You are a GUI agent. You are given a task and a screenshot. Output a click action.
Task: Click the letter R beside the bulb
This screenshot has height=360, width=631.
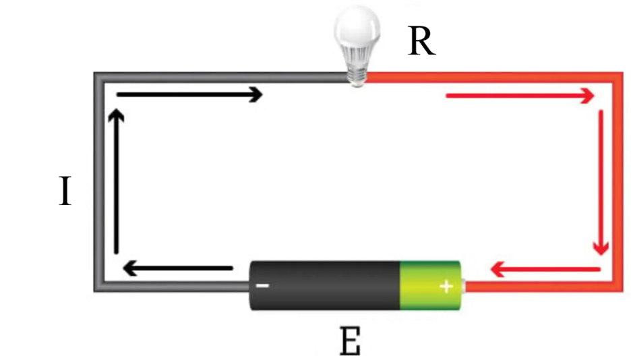[x=422, y=42]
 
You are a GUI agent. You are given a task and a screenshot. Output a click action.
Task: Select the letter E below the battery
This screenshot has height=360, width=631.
[x=350, y=342]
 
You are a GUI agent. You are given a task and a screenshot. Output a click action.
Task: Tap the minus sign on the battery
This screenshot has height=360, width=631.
[x=263, y=286]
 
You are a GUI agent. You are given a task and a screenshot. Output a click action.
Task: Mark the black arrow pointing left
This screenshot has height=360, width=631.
[x=178, y=270]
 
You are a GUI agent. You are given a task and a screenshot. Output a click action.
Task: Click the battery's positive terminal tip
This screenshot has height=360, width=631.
[x=464, y=287]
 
